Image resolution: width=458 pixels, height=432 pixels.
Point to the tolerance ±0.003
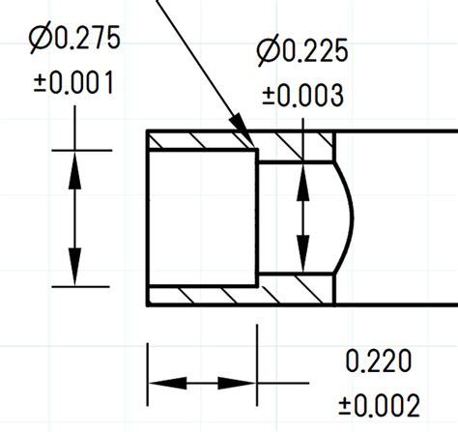click(302, 95)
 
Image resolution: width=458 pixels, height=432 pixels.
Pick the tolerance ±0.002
click(380, 403)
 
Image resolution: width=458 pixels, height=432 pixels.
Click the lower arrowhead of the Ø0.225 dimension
click(304, 263)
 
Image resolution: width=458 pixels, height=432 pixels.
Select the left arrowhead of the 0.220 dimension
click(158, 383)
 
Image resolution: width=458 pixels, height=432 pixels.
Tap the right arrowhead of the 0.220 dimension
click(245, 383)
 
